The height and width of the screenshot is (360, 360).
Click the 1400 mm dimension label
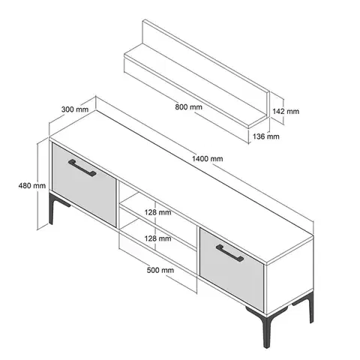pyautogui.click(x=207, y=159)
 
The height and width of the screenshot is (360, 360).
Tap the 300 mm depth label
pyautogui.click(x=75, y=109)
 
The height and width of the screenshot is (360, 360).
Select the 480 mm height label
pyautogui.click(x=32, y=185)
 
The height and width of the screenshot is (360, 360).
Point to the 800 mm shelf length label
pyautogui.click(x=188, y=107)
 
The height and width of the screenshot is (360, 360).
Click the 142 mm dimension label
pyautogui.click(x=286, y=111)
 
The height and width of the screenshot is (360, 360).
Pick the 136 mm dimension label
pyautogui.click(x=265, y=136)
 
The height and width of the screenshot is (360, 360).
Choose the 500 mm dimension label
pyautogui.click(x=160, y=270)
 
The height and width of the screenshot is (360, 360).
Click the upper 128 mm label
pyautogui.click(x=157, y=212)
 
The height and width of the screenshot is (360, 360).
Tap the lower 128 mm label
pyautogui.click(x=157, y=238)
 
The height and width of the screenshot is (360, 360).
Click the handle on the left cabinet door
pyautogui.click(x=82, y=168)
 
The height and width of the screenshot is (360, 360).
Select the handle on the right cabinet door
pyautogui.click(x=229, y=253)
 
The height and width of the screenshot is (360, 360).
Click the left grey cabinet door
pyautogui.click(x=84, y=184)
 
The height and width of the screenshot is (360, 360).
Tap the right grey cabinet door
pyautogui.click(x=232, y=270)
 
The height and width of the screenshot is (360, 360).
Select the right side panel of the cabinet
pyautogui.click(x=290, y=276)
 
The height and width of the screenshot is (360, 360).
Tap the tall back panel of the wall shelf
pyautogui.click(x=205, y=67)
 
